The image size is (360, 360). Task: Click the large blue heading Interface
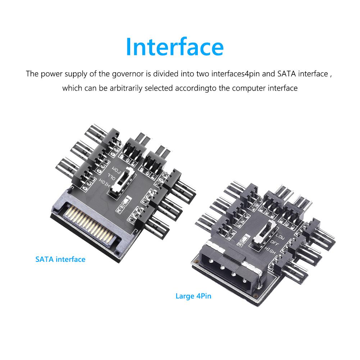(x=175, y=46)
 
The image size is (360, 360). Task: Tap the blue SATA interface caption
(x=60, y=259)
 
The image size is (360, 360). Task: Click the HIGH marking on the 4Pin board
(x=270, y=249)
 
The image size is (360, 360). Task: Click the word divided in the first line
(x=165, y=74)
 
